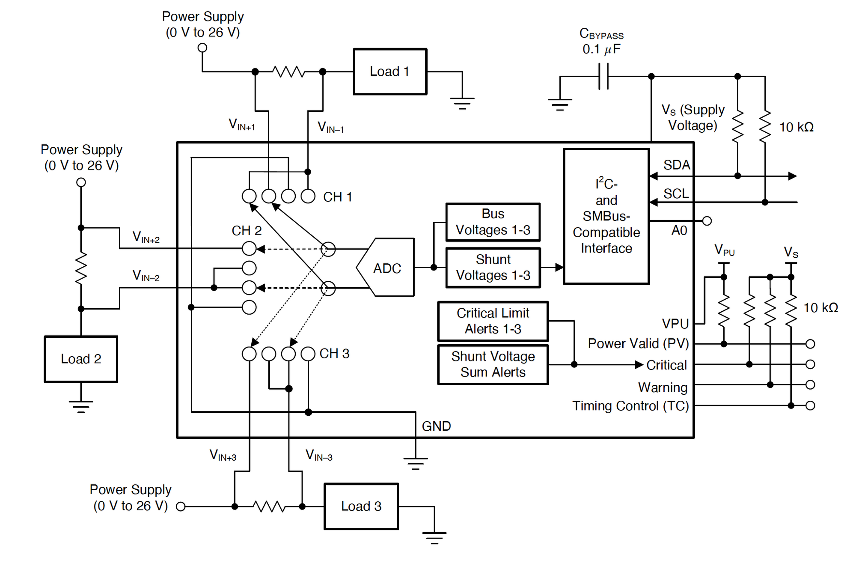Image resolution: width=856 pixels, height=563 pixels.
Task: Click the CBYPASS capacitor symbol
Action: pyautogui.click(x=603, y=76)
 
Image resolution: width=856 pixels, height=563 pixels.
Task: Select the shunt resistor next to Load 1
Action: pyautogui.click(x=289, y=71)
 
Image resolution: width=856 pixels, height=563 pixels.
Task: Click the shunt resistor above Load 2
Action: pyautogui.click(x=81, y=268)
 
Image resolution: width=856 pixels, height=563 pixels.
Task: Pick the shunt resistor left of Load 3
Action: pyautogui.click(x=269, y=506)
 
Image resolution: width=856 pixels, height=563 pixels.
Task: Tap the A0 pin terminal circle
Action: pyautogui.click(x=707, y=221)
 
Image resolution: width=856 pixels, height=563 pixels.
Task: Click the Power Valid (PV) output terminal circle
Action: pyautogui.click(x=810, y=344)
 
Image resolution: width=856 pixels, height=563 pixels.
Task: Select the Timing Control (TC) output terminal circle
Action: pyautogui.click(x=810, y=405)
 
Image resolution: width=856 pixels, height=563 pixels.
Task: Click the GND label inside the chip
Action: pyautogui.click(x=436, y=426)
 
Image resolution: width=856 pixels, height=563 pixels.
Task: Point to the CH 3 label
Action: pyautogui.click(x=334, y=354)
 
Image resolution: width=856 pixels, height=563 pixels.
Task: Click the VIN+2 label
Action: pyautogui.click(x=146, y=237)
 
